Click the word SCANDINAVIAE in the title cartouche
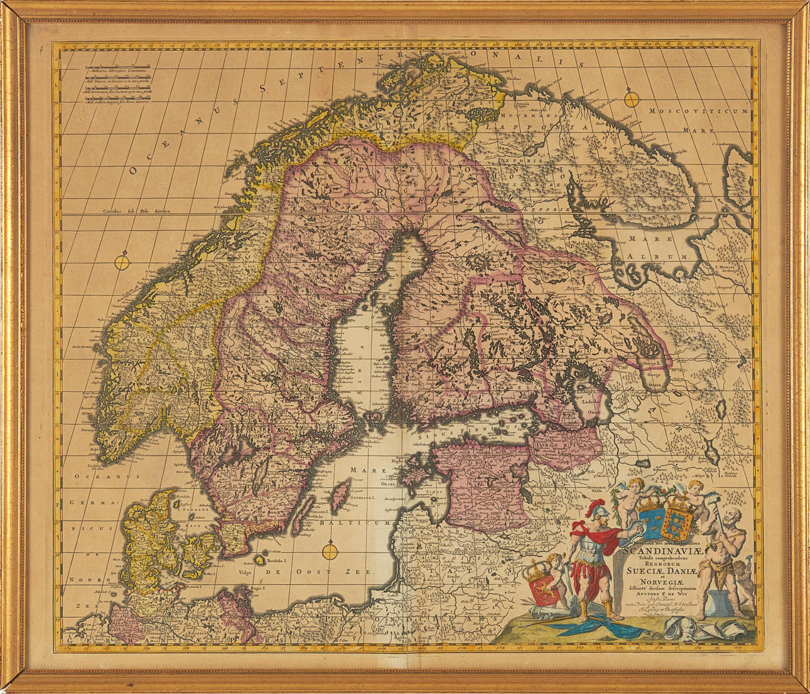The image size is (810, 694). [654, 553]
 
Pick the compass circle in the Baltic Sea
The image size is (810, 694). [329, 552]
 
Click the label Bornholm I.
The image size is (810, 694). [276, 560]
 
